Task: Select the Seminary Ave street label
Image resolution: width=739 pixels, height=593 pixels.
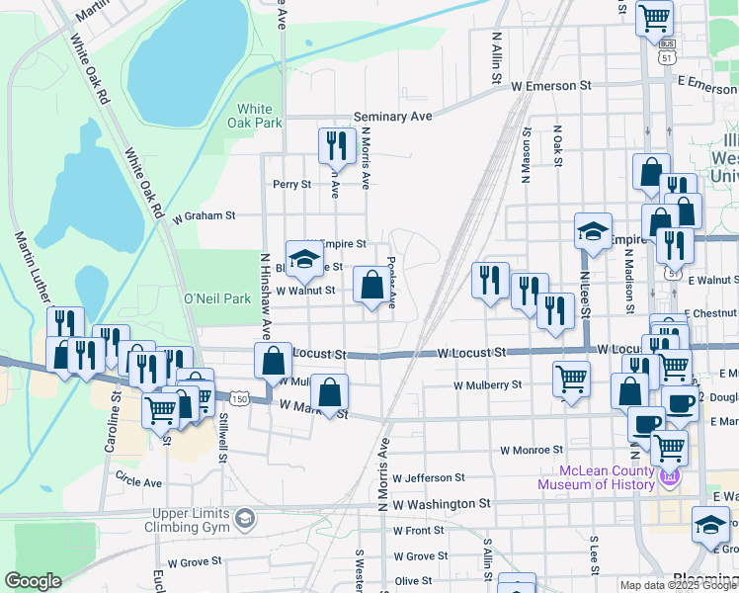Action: pos(393,117)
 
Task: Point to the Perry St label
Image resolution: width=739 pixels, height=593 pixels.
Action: pos(291,184)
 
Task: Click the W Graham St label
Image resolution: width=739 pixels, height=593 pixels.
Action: pos(204,214)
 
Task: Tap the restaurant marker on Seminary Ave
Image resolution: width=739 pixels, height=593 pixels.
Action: pos(337,145)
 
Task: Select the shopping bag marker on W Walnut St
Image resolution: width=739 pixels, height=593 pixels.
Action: pos(371,287)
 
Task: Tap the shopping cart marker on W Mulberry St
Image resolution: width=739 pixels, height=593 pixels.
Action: pos(572,380)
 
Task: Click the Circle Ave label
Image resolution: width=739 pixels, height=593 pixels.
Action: pos(138,483)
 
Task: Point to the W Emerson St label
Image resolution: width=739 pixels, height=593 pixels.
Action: pos(551,86)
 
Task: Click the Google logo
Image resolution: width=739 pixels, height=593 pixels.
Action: pos(33,581)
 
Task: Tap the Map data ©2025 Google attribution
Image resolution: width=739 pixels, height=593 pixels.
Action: pos(677,585)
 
